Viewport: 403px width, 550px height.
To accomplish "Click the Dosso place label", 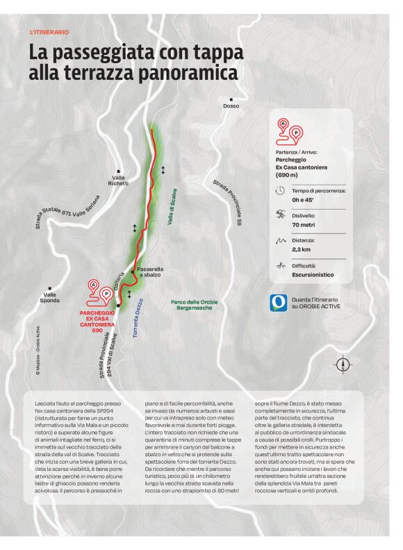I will coord(231,106).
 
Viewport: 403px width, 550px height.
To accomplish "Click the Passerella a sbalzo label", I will coord(150,272).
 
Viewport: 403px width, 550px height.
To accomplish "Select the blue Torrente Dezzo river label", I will coord(138,317).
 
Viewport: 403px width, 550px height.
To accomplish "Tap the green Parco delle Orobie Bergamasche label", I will coord(195,304).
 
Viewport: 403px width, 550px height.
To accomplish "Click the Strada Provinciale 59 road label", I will coord(227,202).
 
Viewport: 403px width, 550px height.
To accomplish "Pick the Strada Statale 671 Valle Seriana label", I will coord(68,210).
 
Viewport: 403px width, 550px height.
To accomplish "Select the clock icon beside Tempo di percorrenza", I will coord(281,190).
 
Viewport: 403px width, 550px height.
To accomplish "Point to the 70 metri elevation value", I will coord(304,225).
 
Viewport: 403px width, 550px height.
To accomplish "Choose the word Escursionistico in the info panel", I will coord(313,274).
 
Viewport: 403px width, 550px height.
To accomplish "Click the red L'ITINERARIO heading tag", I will coord(49,32).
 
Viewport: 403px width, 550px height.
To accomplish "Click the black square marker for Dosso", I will coord(231,99).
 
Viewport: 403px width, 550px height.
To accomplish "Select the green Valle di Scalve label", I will coord(171,206).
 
